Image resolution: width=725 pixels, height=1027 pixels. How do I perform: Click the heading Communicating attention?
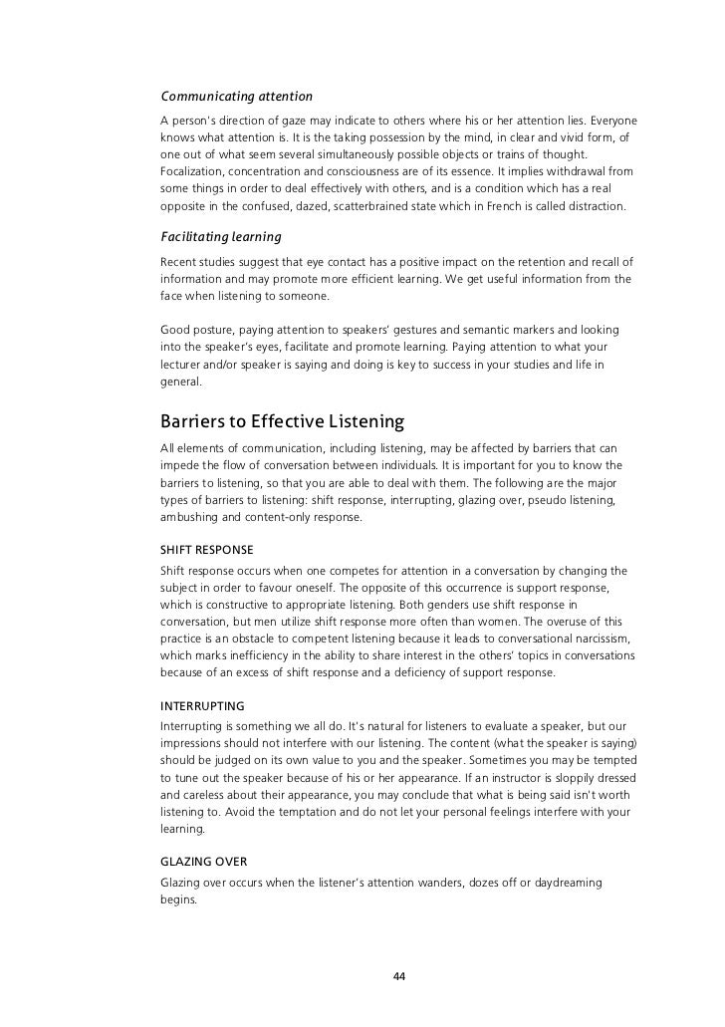tap(237, 97)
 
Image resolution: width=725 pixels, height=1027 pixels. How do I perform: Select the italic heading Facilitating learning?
tap(221, 237)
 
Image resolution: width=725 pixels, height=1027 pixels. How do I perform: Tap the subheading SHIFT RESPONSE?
tap(206, 550)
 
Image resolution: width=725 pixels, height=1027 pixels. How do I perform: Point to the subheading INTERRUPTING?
tap(202, 705)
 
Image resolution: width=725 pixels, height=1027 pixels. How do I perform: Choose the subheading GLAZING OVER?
tap(204, 861)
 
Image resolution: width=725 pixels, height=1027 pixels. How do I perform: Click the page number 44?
tap(399, 975)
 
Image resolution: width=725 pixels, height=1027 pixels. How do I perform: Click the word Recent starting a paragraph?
tap(179, 262)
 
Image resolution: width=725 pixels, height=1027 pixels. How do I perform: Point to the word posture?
tap(215, 328)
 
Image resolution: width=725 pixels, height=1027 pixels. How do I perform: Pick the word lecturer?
tap(184, 364)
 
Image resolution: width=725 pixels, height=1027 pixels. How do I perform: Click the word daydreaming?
tap(561, 882)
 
